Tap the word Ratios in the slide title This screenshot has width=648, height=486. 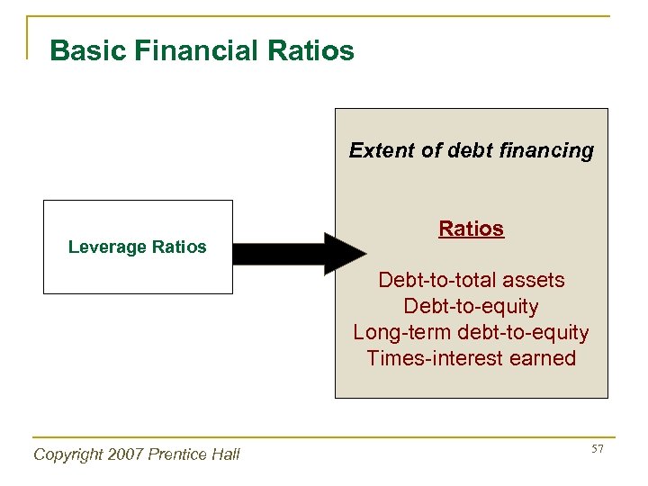pyautogui.click(x=309, y=50)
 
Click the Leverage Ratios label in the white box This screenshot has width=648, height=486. pyautogui.click(x=138, y=247)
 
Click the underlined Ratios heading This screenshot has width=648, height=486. pyautogui.click(x=472, y=229)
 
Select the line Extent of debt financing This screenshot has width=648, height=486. pyautogui.click(x=472, y=150)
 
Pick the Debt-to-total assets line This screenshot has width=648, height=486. pyautogui.click(x=472, y=280)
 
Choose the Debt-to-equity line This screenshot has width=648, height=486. pyautogui.click(x=472, y=306)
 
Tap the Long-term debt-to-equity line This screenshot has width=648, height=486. pyautogui.click(x=472, y=332)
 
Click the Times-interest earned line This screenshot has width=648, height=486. pyautogui.click(x=472, y=358)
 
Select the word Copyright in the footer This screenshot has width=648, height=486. pyautogui.click(x=67, y=454)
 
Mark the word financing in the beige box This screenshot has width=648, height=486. pyautogui.click(x=551, y=150)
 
